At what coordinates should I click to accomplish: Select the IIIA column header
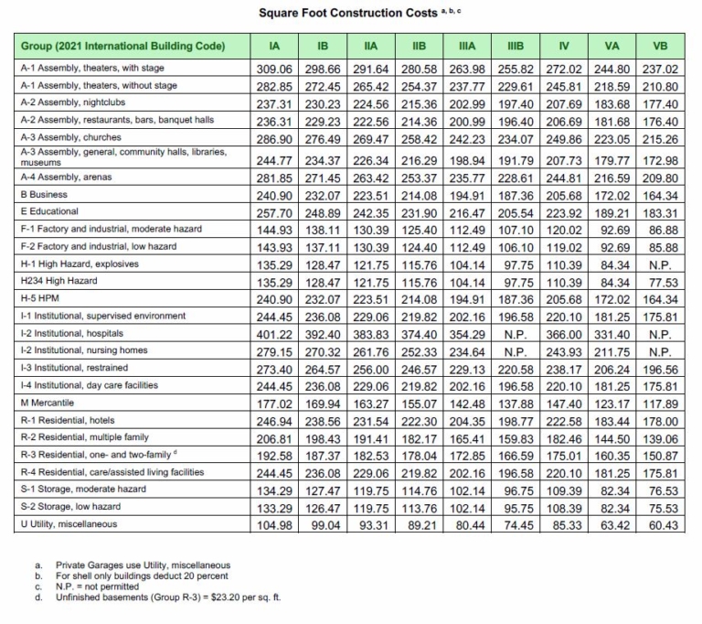pos(463,46)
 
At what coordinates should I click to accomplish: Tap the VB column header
pos(659,46)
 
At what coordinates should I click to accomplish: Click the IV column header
pos(562,46)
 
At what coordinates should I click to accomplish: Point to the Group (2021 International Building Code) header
pos(122,46)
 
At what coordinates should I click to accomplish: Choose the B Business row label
pos(46,195)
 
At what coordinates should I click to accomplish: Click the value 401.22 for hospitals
pos(273,335)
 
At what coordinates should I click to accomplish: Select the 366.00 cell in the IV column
pos(562,335)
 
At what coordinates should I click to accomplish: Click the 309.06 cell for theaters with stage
pos(273,69)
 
